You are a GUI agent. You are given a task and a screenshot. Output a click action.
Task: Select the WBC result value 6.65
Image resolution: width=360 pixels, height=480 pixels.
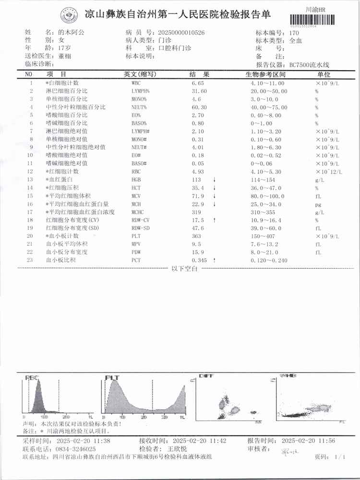tap(197, 83)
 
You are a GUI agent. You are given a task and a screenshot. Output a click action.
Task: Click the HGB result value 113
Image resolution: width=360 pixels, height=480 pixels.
tap(196, 180)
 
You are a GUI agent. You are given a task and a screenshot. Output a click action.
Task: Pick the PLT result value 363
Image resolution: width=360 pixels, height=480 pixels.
tap(196, 236)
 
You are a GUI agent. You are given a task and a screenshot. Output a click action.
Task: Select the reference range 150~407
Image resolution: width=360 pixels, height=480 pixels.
tap(265, 236)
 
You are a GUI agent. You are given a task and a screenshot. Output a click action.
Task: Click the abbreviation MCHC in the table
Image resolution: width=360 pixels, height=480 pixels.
tap(138, 212)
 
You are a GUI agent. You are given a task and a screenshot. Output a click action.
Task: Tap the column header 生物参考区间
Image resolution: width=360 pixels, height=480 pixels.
tap(265, 75)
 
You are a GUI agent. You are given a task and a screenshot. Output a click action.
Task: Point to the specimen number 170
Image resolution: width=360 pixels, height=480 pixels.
tap(294, 33)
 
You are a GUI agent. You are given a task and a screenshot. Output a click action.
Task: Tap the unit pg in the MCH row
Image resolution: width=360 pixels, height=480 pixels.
tap(317, 204)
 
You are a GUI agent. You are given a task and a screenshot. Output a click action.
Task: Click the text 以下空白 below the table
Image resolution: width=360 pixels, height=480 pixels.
tap(184, 269)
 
